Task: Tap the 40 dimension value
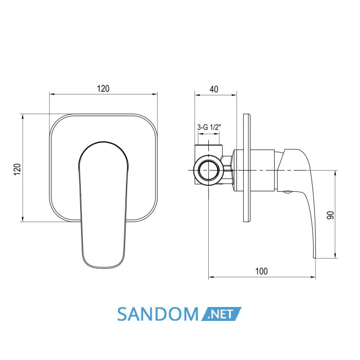tap(214, 89)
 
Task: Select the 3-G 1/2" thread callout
tap(209, 127)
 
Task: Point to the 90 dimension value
tap(331, 215)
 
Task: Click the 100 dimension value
tap(261, 271)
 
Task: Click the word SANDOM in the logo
tap(158, 314)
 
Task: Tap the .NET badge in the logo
tap(221, 314)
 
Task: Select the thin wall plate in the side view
tap(247, 168)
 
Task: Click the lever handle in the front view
tap(103, 205)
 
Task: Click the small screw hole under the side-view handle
tap(287, 192)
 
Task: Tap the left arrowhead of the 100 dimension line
tap(210, 277)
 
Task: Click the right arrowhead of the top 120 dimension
tap(155, 94)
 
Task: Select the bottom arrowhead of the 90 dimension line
tap(335, 256)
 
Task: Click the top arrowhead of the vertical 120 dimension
tap(23, 117)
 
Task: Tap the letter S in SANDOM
tap(123, 314)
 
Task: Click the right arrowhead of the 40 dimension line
tap(234, 94)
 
